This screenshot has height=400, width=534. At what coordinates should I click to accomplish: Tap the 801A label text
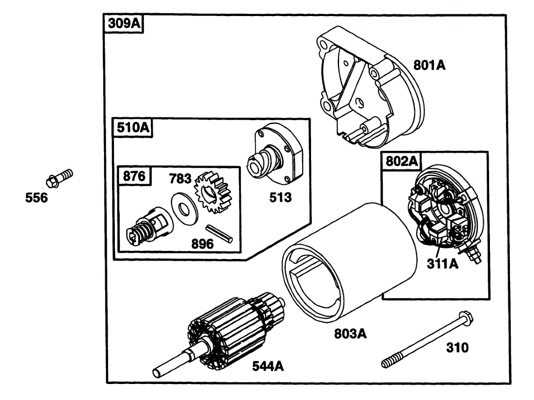pyautogui.click(x=429, y=65)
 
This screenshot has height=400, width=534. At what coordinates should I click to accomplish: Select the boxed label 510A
pyautogui.click(x=132, y=128)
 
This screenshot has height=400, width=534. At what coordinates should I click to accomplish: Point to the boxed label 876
pyautogui.click(x=134, y=176)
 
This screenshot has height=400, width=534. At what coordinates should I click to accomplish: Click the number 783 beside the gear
pyautogui.click(x=180, y=179)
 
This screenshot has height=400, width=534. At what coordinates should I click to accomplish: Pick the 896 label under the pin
pyautogui.click(x=202, y=244)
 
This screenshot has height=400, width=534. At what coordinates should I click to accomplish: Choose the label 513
pyautogui.click(x=280, y=197)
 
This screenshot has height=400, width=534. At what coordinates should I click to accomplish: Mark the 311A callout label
pyautogui.click(x=442, y=264)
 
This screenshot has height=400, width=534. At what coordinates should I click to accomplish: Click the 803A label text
pyautogui.click(x=351, y=333)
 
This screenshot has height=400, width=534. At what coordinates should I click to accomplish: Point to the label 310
pyautogui.click(x=457, y=347)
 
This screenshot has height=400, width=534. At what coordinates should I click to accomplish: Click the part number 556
pyautogui.click(x=36, y=198)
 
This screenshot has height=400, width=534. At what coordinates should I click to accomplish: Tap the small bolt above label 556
pyautogui.click(x=59, y=178)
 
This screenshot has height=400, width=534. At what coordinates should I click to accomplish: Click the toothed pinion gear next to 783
pyautogui.click(x=213, y=192)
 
